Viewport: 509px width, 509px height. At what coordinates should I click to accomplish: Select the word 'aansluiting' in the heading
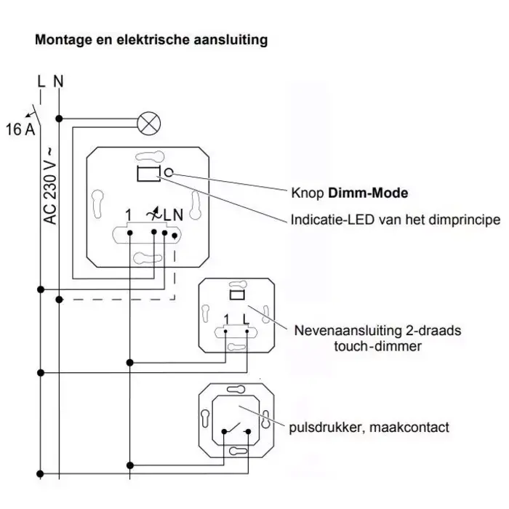point(231,40)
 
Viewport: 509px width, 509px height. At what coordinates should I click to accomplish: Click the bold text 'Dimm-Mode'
point(368,193)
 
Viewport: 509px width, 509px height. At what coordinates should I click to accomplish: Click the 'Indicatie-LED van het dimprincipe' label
point(395,219)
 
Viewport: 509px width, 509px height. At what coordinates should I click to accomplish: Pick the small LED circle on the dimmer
point(169,173)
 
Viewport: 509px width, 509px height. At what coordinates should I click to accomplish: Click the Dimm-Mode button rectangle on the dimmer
point(148,173)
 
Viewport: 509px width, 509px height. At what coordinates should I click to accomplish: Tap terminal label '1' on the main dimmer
point(128,215)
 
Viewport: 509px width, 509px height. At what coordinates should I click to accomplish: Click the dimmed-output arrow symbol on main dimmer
point(152,215)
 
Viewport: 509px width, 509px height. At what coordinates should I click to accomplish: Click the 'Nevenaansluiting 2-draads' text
point(377,331)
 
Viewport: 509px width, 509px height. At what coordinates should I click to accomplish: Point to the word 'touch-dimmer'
point(377,346)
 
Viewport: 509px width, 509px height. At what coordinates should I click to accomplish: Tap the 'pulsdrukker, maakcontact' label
point(369,427)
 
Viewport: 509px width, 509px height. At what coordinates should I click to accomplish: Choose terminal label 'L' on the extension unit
point(247,318)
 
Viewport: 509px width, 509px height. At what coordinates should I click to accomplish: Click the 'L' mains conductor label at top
point(41,80)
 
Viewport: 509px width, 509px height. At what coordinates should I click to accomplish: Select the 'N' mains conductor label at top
point(58,80)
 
